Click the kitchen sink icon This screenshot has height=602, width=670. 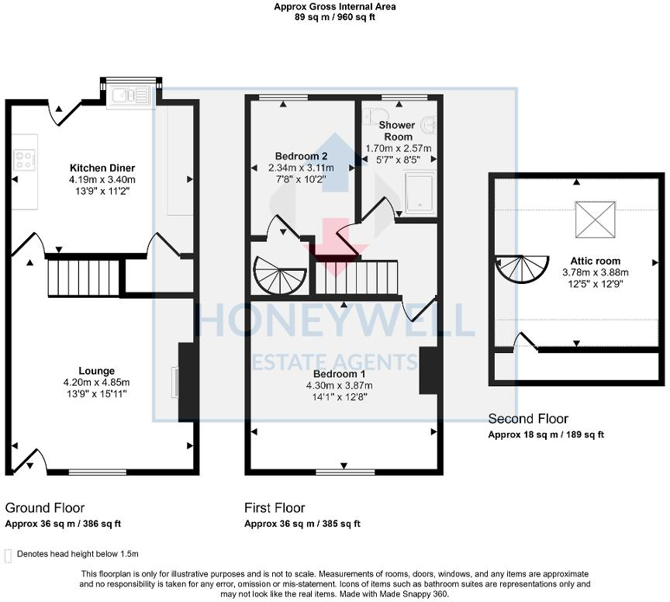tap(130, 95)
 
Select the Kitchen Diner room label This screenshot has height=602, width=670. tap(102, 168)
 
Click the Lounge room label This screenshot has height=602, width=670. tap(96, 371)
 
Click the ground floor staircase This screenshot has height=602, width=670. tap(85, 279)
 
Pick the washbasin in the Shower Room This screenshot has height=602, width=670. tap(429, 125)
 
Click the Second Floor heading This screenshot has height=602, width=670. tap(527, 419)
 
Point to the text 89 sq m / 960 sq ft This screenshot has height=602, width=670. tap(335, 17)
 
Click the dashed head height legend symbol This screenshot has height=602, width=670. tap(9, 554)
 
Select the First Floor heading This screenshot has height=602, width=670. tap(275, 508)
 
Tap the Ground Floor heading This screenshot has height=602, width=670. tap(45, 508)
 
